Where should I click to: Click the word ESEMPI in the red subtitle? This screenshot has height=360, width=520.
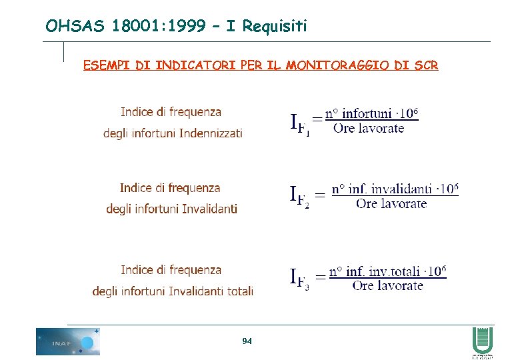pos(107,65)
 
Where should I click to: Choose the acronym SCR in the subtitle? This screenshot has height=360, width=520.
pos(425,65)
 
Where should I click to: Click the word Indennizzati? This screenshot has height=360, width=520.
pos(209,133)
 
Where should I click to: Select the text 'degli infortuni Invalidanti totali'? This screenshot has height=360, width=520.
pos(173,291)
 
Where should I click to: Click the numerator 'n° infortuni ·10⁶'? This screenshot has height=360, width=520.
pos(371,114)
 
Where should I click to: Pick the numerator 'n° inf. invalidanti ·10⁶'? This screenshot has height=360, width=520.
pos(395,189)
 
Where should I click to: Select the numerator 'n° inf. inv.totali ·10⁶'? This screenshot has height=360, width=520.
pos(387,271)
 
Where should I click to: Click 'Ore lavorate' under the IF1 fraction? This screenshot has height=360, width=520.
pos(368,128)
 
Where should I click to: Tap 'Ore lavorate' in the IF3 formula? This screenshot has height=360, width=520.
pos(387,285)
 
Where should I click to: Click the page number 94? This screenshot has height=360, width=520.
pos(247,341)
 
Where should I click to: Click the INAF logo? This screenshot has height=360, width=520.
pos(67,341)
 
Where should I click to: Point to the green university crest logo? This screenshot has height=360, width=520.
pos(482,341)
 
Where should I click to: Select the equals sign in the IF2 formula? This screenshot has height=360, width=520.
pos(320,195)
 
